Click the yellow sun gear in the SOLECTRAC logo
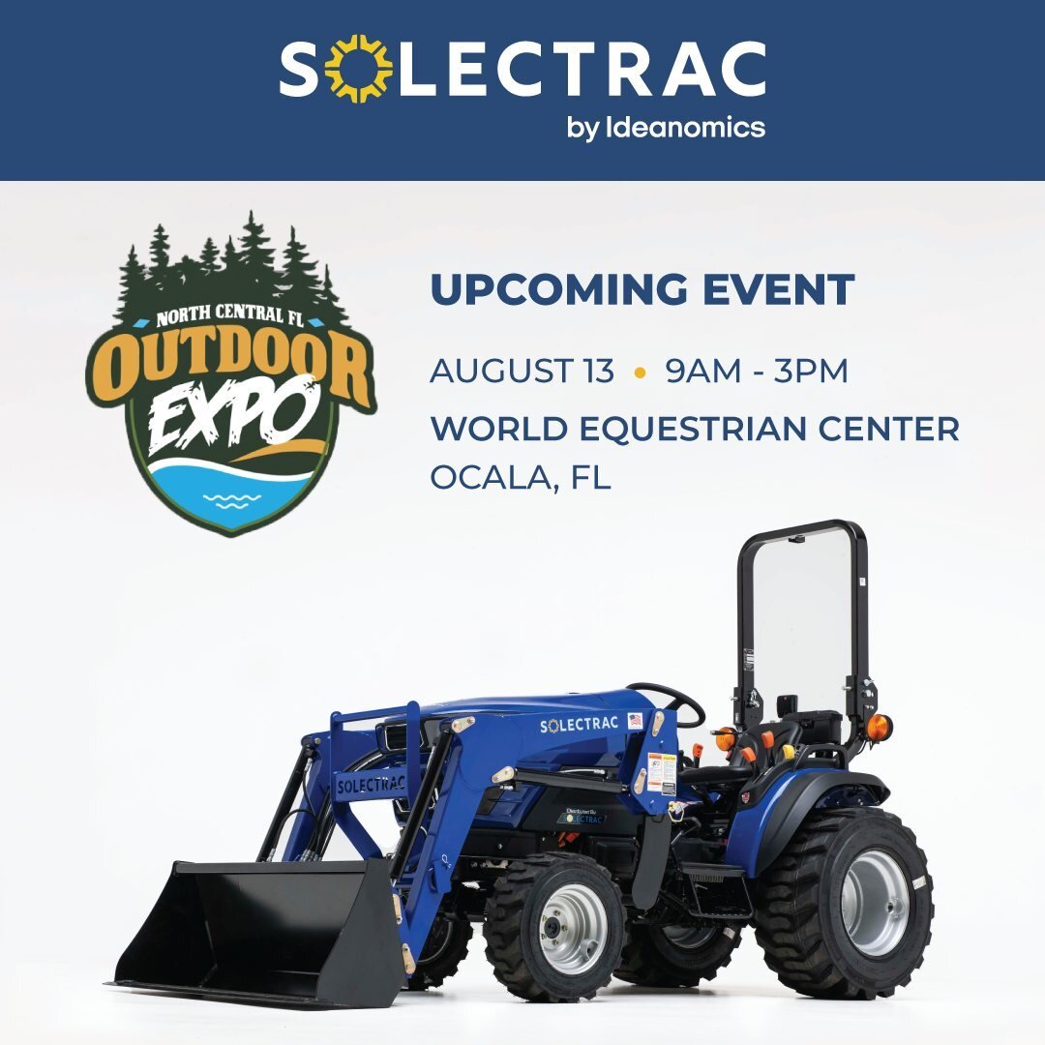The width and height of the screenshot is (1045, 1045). (358, 69)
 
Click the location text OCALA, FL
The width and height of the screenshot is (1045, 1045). (520, 478)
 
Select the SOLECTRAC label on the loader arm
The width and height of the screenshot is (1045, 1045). (370, 785)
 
